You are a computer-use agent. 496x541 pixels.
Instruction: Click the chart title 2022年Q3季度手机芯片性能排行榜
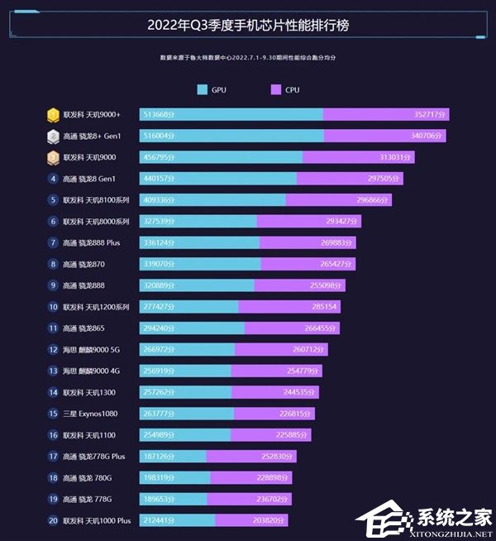pyautogui.click(x=248, y=25)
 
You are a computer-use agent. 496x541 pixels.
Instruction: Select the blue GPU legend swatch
pyautogui.click(x=203, y=89)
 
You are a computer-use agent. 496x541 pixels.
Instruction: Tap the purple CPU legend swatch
pyautogui.click(x=275, y=89)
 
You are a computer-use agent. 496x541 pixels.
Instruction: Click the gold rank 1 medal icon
pyautogui.click(x=53, y=114)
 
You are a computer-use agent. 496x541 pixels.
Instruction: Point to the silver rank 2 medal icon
pyautogui.click(x=53, y=136)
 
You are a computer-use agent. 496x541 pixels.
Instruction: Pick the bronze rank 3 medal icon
pyautogui.click(x=53, y=157)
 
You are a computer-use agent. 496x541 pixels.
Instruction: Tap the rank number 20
pyautogui.click(x=53, y=521)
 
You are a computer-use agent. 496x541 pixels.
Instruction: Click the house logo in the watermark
pyautogui.click(x=380, y=521)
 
